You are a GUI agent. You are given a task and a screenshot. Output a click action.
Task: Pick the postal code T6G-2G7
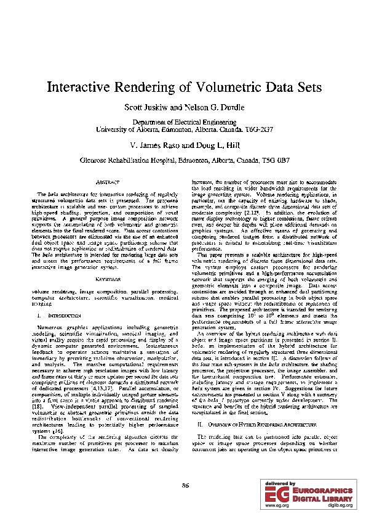tap(257, 130)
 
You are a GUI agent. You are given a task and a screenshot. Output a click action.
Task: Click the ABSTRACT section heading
tap(108, 183)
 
